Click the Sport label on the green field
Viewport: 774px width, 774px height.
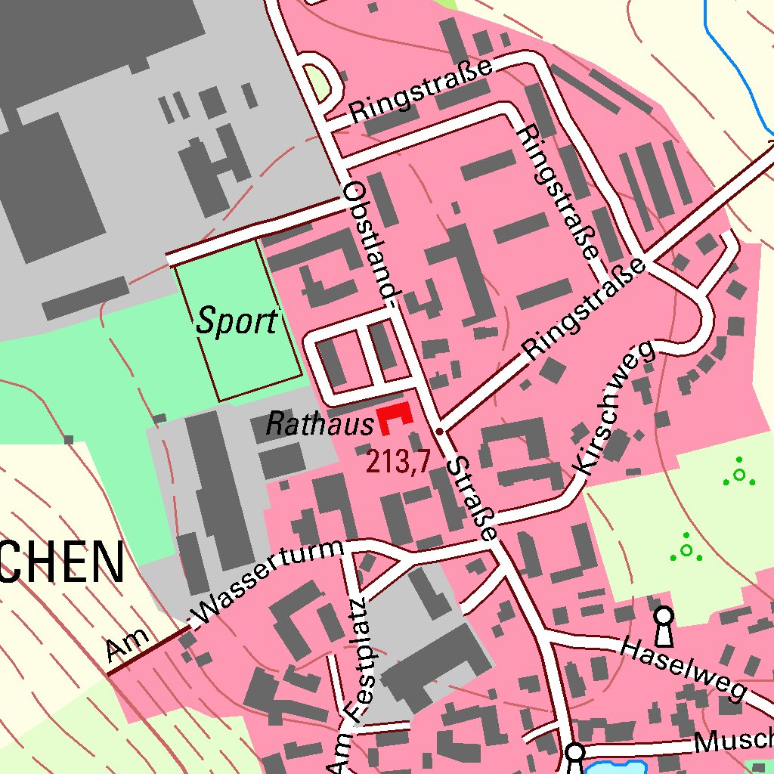237,321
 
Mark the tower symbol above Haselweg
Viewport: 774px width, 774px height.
664,625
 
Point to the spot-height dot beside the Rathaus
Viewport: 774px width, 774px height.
440,431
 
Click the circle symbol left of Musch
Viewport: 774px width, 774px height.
574,753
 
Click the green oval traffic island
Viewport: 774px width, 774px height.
317,82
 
